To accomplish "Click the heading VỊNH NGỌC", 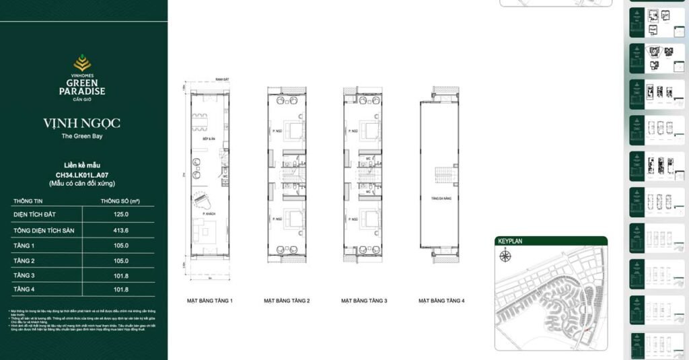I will click(x=82, y=124).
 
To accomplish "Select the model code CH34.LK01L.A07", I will click(x=82, y=174).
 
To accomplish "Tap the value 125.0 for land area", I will click(x=121, y=214).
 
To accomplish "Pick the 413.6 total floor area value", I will click(x=121, y=231).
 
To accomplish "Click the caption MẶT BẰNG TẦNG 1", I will click(x=210, y=300).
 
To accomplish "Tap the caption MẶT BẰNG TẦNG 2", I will click(x=287, y=300).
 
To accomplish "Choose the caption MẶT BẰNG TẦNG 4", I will click(x=441, y=300).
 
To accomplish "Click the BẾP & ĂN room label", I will click(x=209, y=139).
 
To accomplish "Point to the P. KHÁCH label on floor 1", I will click(x=211, y=211).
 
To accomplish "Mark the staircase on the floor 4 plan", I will click(x=441, y=176).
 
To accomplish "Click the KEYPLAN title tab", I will click(x=510, y=240).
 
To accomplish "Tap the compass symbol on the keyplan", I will click(x=504, y=254).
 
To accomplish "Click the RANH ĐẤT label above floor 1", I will click(x=214, y=79).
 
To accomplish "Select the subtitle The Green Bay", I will click(x=82, y=137).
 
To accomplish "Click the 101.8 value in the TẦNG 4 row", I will click(x=121, y=291).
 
